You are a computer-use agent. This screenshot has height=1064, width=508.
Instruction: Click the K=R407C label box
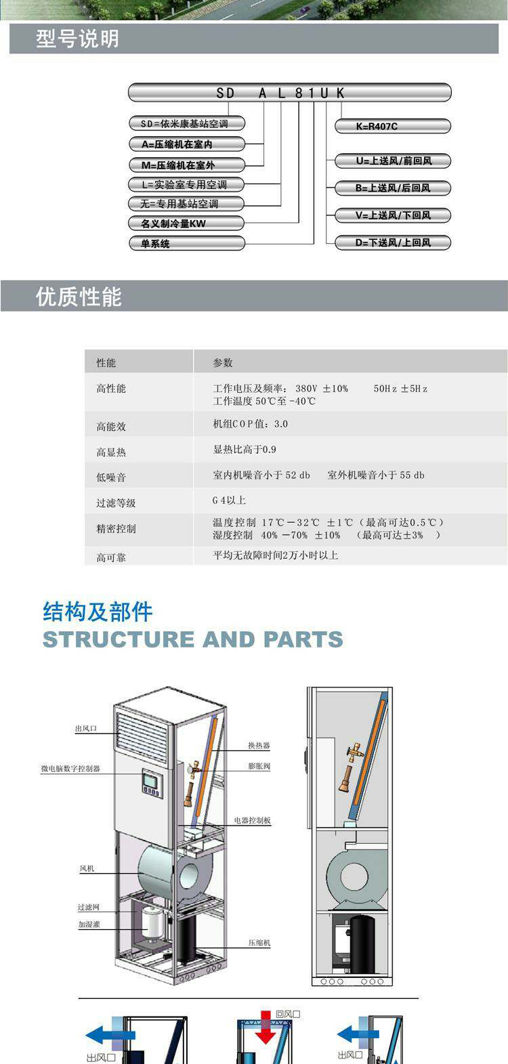tap(392, 126)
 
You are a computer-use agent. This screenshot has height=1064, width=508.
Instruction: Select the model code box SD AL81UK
tap(289, 93)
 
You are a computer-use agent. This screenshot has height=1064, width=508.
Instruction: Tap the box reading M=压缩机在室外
tap(186, 165)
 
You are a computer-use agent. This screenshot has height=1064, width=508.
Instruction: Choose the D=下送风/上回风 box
tap(392, 242)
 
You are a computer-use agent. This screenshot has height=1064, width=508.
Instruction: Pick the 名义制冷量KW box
tap(186, 224)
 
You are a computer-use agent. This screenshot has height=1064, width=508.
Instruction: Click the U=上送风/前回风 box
tap(392, 161)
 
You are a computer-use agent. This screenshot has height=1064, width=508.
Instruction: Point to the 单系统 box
tap(186, 244)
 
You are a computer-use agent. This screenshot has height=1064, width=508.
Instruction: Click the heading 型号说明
tap(77, 39)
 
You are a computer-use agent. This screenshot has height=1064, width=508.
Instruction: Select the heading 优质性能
tap(79, 297)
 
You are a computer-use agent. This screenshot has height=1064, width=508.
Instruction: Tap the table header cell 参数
tap(223, 363)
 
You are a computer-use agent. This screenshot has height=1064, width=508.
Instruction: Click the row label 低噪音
tap(110, 477)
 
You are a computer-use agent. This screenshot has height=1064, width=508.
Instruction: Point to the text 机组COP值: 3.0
tap(251, 424)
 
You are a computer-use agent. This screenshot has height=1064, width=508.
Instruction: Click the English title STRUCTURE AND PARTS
tap(192, 639)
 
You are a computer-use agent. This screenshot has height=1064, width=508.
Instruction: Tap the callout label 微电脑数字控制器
tap(70, 769)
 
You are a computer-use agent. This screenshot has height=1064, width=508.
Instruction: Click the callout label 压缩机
tap(259, 943)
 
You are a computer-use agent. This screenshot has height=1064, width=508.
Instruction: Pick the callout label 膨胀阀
tap(259, 766)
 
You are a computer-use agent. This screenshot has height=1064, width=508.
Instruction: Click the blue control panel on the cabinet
tap(151, 784)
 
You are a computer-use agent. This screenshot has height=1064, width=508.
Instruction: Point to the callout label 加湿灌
tap(89, 924)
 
